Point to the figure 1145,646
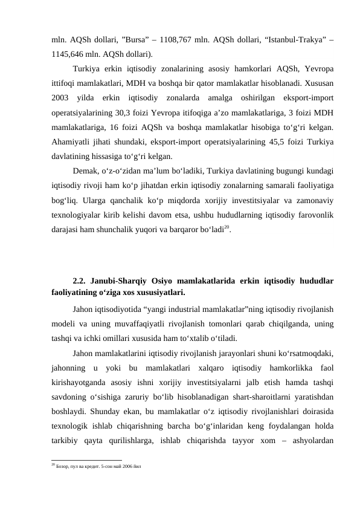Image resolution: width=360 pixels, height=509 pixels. pos(70,53)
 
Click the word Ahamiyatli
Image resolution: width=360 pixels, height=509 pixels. pos(72,142)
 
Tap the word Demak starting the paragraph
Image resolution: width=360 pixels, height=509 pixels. pos(86,172)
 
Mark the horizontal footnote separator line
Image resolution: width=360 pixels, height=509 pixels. pos(86,459)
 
